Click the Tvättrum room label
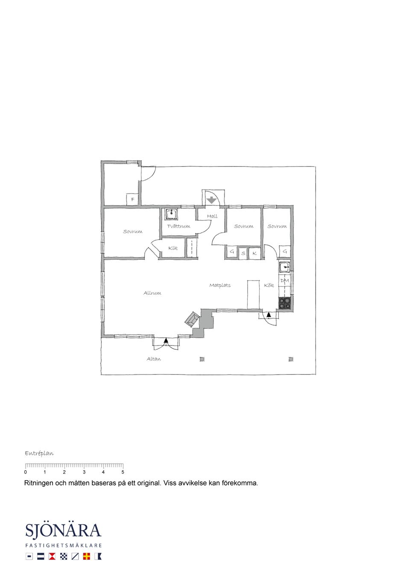[x=179, y=226]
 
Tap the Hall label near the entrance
[x=212, y=216]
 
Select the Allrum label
[x=152, y=293]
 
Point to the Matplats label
[x=220, y=285]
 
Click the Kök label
[x=269, y=285]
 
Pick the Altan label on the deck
[x=154, y=359]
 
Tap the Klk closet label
[x=173, y=248]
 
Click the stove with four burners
[x=285, y=303]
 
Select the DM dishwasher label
[x=284, y=281]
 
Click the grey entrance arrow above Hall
[x=212, y=200]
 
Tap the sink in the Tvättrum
[x=171, y=214]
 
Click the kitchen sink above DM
[x=285, y=267]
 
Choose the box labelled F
[x=132, y=199]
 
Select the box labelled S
[x=243, y=253]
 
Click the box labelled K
[x=255, y=253]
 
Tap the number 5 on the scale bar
[x=123, y=472]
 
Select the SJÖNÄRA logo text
[x=63, y=530]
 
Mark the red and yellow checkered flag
[x=86, y=556]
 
